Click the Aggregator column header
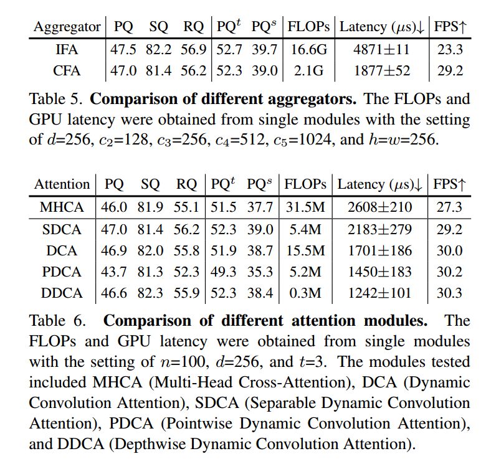(x=67, y=27)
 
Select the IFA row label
(x=67, y=49)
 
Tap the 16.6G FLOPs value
(x=308, y=49)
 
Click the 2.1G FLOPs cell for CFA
(x=308, y=70)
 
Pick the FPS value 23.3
(x=450, y=49)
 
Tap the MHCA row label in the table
(x=62, y=207)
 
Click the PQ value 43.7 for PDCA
(x=114, y=273)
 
